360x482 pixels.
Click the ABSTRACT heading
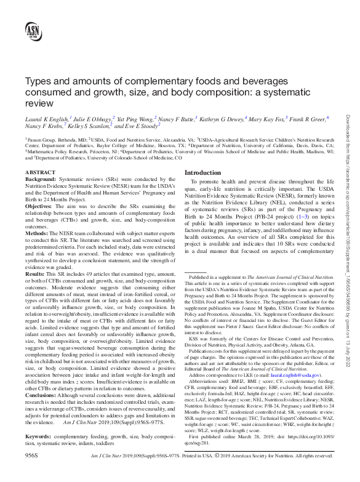(x=41, y=174)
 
